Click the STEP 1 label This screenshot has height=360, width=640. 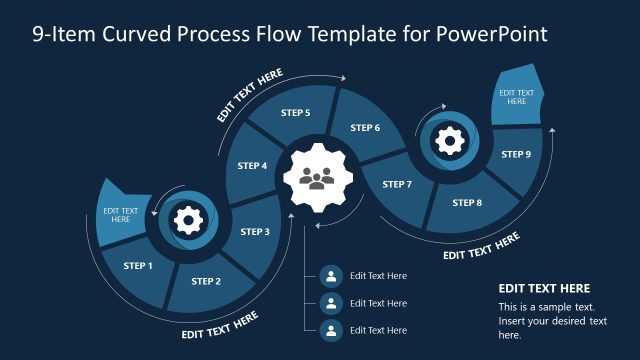138,266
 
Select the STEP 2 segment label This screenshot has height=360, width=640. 206,281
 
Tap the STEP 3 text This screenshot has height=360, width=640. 255,232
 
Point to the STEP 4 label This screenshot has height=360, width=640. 252,166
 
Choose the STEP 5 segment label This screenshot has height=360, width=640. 295,113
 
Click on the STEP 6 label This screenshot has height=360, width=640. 365,128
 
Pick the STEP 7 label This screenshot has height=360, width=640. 396,184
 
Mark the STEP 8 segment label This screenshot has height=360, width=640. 467,203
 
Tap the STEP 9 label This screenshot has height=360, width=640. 516,154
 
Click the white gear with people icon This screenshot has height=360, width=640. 319,179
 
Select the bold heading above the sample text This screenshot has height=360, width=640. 544,288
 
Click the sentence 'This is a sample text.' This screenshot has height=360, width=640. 547,307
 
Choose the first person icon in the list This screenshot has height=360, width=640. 330,276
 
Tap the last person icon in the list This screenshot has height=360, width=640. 330,330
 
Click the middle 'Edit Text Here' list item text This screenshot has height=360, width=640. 378,303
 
